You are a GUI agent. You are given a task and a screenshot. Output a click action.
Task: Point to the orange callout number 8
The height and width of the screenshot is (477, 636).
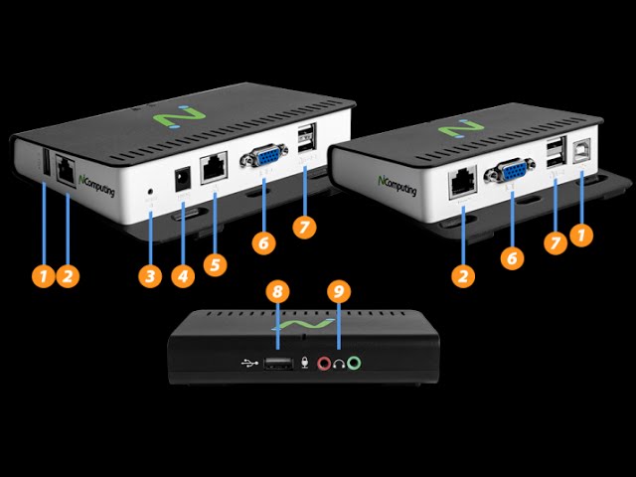(x=278, y=292)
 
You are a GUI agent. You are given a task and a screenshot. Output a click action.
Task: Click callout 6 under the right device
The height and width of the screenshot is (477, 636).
(x=512, y=257)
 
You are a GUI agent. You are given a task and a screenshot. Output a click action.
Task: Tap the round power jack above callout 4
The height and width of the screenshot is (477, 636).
(x=182, y=180)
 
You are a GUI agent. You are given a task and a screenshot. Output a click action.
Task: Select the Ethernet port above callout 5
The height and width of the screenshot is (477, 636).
(x=214, y=168)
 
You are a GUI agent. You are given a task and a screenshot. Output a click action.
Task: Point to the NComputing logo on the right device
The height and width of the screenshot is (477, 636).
(x=394, y=185)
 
